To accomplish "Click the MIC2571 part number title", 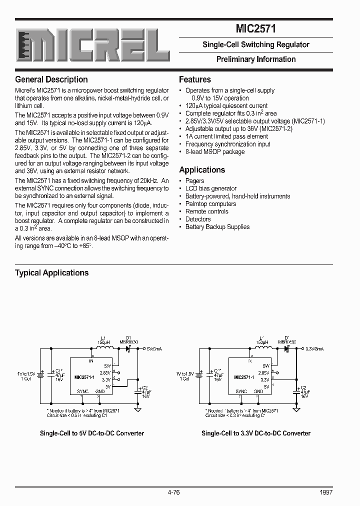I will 255,29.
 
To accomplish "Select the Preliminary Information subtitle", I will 255,59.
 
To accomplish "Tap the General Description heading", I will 51,79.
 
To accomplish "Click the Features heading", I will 195,79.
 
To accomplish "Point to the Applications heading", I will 202,170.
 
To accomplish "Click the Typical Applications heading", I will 52,273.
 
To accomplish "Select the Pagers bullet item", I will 194,181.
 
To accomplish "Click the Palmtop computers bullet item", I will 210,204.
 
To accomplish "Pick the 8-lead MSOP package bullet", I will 215,152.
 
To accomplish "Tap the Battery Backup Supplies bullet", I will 217,227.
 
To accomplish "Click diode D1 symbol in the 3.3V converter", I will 287,348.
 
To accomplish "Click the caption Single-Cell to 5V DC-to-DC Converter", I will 92,433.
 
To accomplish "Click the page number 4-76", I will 174,492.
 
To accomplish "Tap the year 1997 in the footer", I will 325,492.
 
